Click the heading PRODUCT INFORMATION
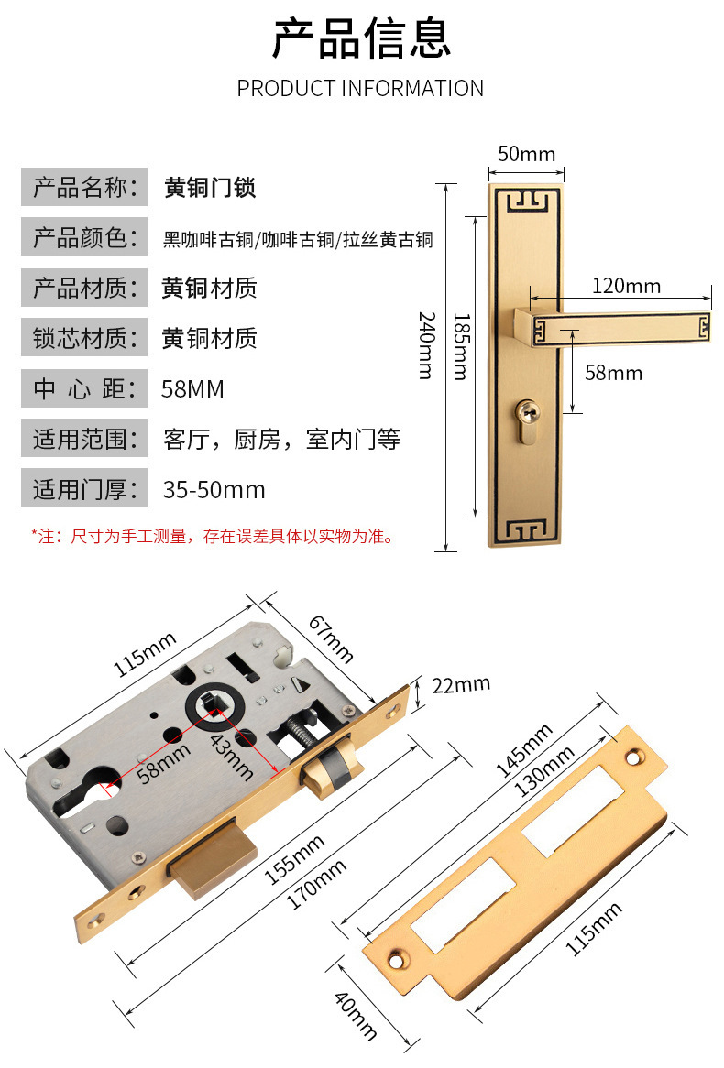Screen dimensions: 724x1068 (x=360, y=89)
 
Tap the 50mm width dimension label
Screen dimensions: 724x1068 (x=526, y=154)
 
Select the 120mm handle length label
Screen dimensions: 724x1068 (x=626, y=286)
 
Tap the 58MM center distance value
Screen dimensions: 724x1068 (x=192, y=389)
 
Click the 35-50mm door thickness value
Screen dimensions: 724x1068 (x=214, y=489)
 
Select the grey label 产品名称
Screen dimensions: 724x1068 (x=84, y=189)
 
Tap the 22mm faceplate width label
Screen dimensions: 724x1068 (x=460, y=684)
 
